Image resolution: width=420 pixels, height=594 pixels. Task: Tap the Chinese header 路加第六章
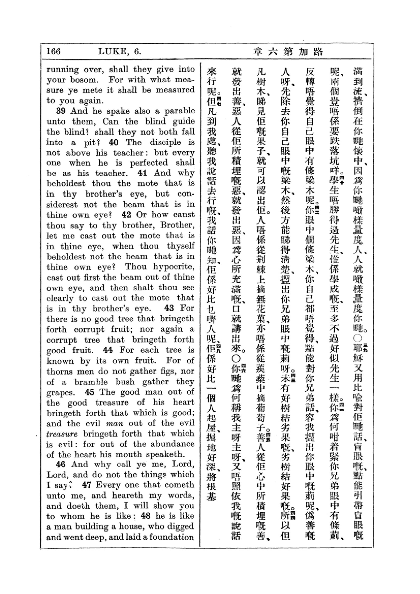(x=288, y=52)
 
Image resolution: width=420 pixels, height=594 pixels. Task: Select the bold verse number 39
(x=61, y=111)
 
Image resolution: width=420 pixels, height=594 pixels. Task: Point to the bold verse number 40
(x=114, y=142)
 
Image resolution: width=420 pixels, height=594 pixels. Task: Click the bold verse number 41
(x=142, y=173)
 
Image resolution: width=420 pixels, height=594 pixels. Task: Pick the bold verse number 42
(x=126, y=215)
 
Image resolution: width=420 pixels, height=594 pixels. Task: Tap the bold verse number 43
(x=169, y=308)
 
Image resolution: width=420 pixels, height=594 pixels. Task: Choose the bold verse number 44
(x=108, y=350)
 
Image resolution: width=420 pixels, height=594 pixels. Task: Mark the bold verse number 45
(x=89, y=392)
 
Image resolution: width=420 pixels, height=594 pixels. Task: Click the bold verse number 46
(x=61, y=464)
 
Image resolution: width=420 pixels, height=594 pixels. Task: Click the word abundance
(x=172, y=444)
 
